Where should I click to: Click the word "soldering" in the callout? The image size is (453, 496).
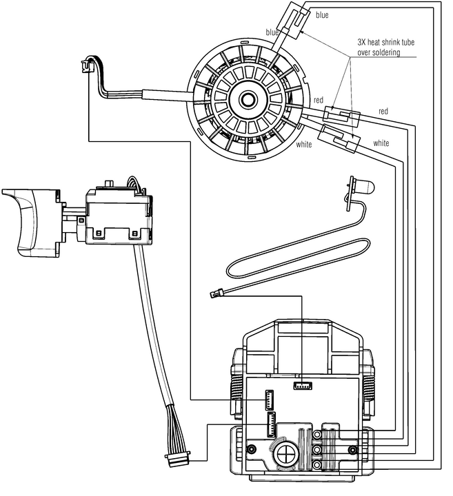[387, 53]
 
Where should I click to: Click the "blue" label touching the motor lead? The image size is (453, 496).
[272, 32]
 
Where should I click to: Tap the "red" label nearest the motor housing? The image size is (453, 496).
[318, 101]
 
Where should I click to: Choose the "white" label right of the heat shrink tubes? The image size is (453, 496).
[381, 143]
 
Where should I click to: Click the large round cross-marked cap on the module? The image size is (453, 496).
[285, 454]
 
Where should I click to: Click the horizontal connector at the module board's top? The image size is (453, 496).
[302, 385]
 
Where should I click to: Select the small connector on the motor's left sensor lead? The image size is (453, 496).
[86, 66]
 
